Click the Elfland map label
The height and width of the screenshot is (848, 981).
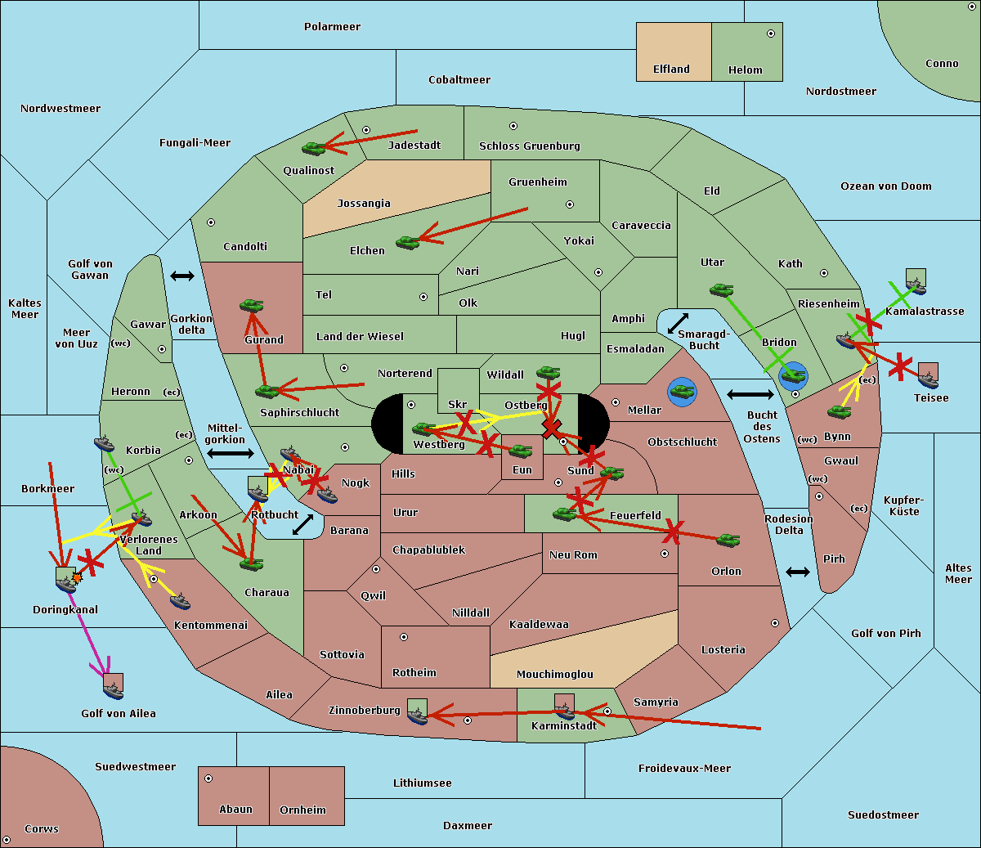[671, 70]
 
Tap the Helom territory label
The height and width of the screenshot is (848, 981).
[745, 70]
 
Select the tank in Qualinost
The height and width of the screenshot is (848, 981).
[314, 148]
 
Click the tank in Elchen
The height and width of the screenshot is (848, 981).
[407, 242]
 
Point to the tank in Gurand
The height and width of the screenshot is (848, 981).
[251, 305]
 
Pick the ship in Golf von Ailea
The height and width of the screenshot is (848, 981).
[113, 689]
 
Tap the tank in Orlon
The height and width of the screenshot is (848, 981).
[728, 540]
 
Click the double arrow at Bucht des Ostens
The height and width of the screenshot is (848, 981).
[750, 395]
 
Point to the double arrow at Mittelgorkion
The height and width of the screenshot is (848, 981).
[231, 454]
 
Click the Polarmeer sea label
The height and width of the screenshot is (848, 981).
[332, 27]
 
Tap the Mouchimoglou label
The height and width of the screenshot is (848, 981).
[554, 675]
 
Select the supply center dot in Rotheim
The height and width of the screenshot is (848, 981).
[404, 636]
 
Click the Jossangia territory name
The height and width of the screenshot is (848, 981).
[364, 204]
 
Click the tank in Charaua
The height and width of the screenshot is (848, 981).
[251, 563]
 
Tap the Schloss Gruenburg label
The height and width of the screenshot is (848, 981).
[529, 146]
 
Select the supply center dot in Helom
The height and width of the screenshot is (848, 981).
[770, 34]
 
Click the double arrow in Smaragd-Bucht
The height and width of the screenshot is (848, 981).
[679, 323]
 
